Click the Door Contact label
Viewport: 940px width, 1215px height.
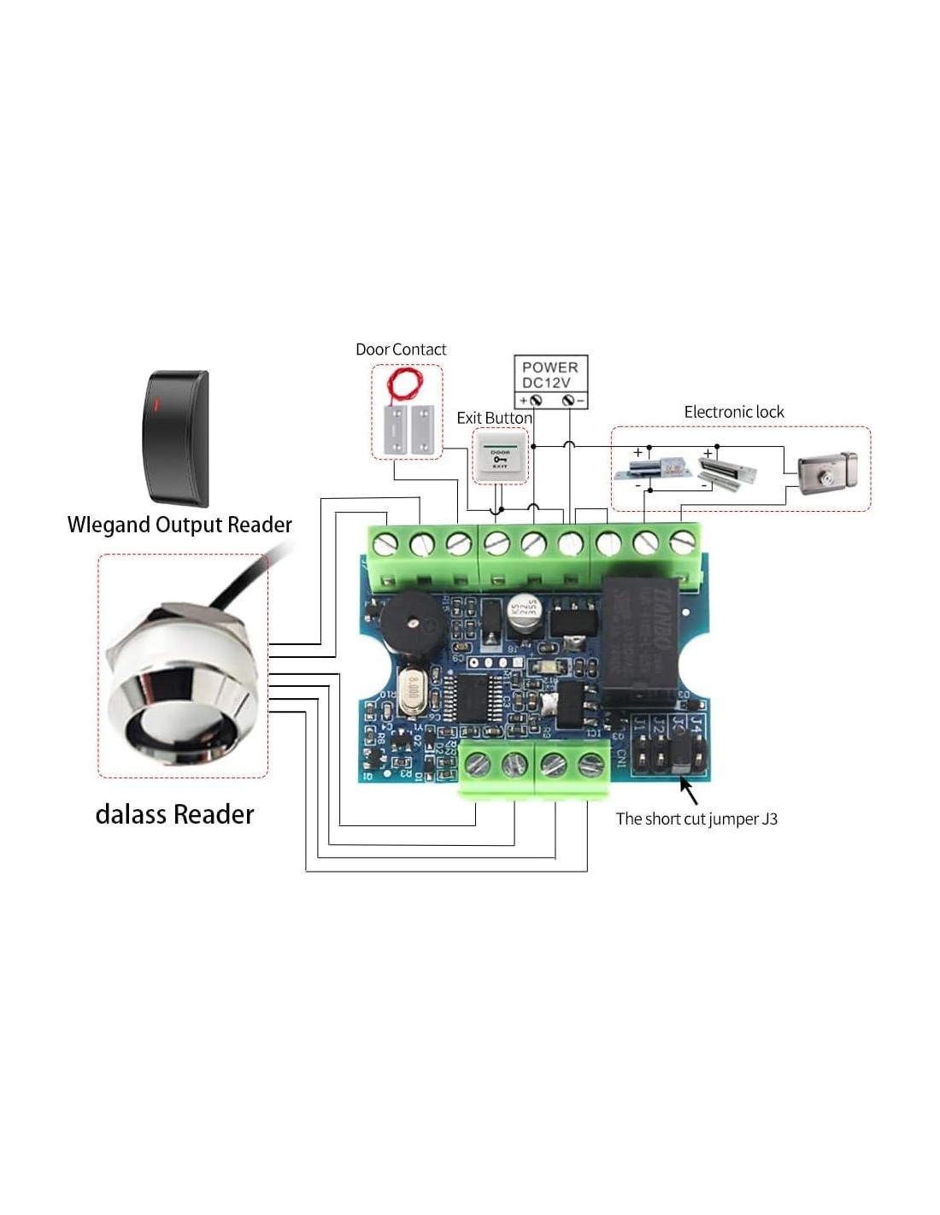(x=400, y=349)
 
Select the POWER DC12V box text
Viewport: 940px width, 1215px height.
(x=549, y=374)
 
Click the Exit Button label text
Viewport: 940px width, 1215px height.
(x=493, y=417)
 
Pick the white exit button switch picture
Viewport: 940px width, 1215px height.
(x=500, y=456)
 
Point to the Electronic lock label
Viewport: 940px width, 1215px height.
(x=733, y=412)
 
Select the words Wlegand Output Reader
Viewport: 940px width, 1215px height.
(x=179, y=525)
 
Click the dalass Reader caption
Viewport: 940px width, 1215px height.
(x=174, y=814)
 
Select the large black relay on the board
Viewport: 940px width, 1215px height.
(x=641, y=639)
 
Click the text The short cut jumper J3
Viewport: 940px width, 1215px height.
(x=696, y=819)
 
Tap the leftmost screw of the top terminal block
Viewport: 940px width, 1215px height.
(x=385, y=543)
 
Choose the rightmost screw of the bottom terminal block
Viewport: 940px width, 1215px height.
(x=590, y=765)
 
